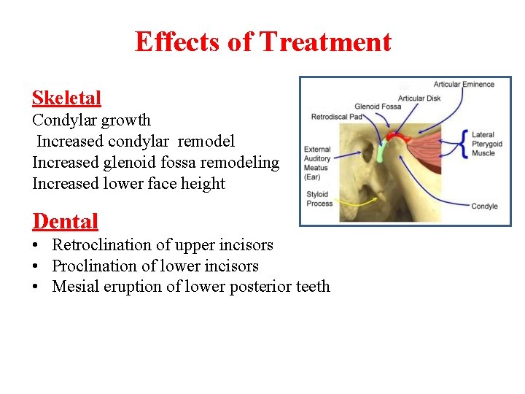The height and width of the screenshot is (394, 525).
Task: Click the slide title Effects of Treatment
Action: click(262, 42)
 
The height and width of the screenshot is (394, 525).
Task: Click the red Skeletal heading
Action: click(66, 98)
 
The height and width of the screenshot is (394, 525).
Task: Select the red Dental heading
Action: click(65, 220)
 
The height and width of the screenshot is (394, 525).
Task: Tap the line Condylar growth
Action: click(91, 120)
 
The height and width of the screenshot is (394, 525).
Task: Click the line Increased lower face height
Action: click(128, 183)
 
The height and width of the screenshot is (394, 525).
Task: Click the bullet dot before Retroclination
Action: click(36, 246)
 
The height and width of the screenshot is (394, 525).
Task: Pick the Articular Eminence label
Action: click(464, 85)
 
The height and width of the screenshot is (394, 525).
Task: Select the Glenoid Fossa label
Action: click(378, 107)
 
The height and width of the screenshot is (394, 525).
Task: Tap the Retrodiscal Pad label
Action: click(336, 117)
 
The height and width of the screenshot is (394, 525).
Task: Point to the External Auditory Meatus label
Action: click(317, 163)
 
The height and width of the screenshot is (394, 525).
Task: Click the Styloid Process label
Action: click(319, 199)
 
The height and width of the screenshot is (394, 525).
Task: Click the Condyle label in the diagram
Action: click(484, 206)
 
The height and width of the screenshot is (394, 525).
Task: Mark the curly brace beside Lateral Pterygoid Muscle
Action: click(464, 144)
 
